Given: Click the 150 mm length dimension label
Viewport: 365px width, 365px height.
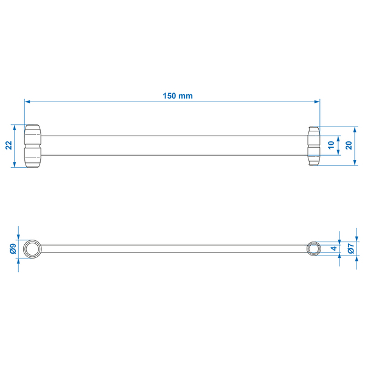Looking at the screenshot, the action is click(178, 96).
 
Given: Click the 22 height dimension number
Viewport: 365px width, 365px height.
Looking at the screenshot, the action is click(9, 145).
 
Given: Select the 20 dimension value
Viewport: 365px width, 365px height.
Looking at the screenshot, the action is click(349, 145).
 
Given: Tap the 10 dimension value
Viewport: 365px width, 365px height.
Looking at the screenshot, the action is click(331, 145).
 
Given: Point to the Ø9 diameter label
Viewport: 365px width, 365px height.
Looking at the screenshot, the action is click(13, 249).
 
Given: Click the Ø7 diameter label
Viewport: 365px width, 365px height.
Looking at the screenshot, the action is click(350, 248).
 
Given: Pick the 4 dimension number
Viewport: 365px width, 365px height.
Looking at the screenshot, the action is click(334, 248).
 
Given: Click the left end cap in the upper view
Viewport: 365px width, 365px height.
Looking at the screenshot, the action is click(33, 146).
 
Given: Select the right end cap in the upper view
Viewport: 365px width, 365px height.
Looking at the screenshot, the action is click(314, 146).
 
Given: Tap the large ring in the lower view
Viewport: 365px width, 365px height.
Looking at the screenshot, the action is click(24, 249).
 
